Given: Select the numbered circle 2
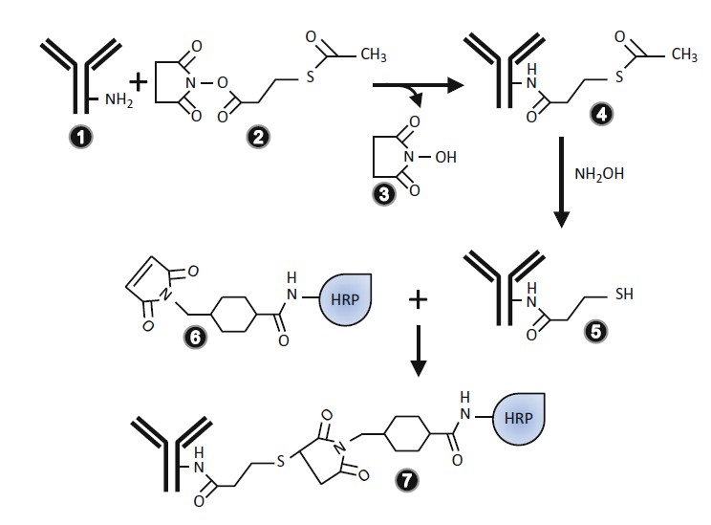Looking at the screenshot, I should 255,137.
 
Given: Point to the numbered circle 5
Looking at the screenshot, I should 599,330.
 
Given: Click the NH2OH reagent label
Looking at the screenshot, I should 599,177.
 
